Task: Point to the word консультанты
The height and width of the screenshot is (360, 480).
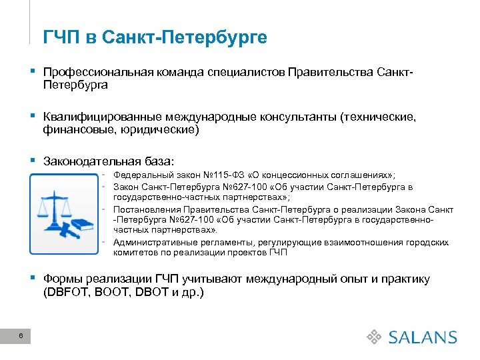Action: [295, 117]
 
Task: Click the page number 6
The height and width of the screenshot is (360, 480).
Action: [21, 336]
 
